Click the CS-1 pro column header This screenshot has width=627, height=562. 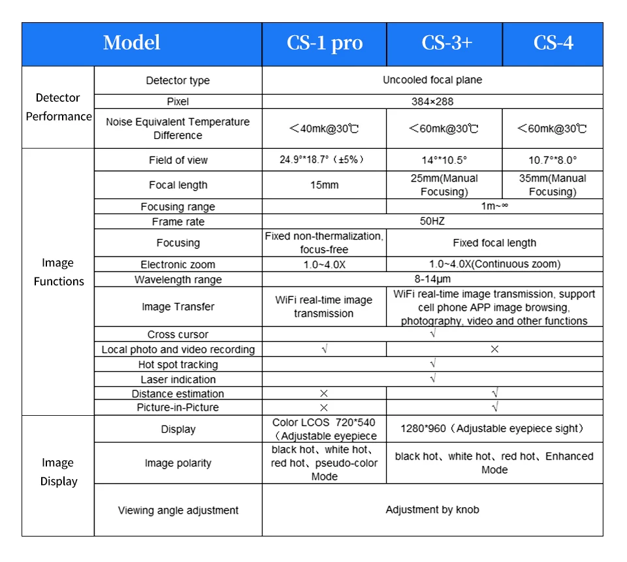point(325,44)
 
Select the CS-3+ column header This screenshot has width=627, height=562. point(446,44)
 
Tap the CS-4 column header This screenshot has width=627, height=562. point(553,44)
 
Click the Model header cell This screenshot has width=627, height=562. point(131,44)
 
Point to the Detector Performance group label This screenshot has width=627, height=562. point(58,107)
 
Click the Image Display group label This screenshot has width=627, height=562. point(58,472)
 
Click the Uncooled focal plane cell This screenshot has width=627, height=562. point(432,80)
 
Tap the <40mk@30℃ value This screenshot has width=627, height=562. point(324,129)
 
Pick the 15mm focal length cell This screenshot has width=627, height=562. point(324,185)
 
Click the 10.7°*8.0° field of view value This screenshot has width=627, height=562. point(553,160)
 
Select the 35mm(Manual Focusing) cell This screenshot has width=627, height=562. point(553,185)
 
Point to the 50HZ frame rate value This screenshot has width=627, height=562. point(432,222)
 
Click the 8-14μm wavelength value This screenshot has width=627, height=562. point(432,279)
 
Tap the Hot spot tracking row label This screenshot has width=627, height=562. point(178,364)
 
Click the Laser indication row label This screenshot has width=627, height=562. point(178,379)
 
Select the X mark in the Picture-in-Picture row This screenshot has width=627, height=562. point(324,407)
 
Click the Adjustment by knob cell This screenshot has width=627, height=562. point(432,510)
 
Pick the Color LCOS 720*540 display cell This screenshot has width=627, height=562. point(324,429)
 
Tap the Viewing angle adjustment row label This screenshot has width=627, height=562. point(178,510)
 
